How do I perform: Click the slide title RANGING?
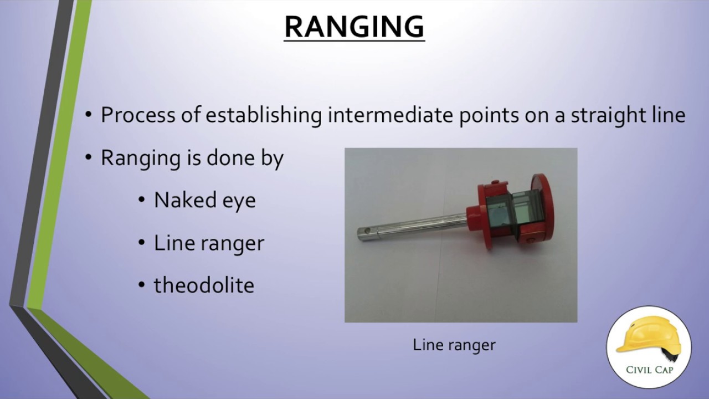(x=354, y=26)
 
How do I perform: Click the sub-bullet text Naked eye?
(x=204, y=200)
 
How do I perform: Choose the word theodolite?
(x=204, y=285)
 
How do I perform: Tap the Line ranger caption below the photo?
(x=454, y=345)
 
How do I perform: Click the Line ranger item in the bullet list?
(x=209, y=243)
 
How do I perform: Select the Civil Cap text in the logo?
(x=649, y=369)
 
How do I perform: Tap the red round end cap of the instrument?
(x=540, y=205)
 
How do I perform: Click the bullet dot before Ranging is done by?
(x=89, y=158)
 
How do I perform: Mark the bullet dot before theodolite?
(x=142, y=285)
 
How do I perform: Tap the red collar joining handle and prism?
(x=474, y=217)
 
